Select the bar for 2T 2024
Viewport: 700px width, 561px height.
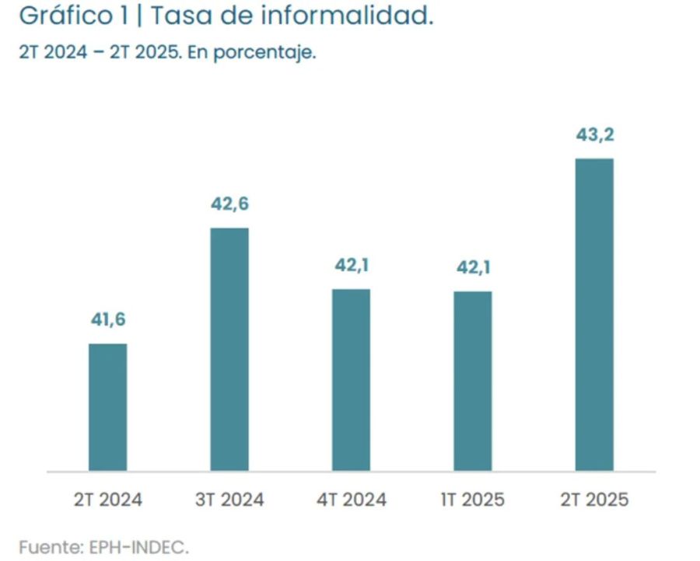(x=107, y=407)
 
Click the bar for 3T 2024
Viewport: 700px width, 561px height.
(x=229, y=350)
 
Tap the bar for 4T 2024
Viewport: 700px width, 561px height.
(x=351, y=380)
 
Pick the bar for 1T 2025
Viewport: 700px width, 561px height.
(x=473, y=382)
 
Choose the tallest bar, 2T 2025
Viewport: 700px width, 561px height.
(x=594, y=315)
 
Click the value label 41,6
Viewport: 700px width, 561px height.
(x=107, y=319)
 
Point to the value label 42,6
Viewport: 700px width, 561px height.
(x=229, y=204)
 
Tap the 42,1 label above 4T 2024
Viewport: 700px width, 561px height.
(x=351, y=266)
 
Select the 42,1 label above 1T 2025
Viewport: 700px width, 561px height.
(x=473, y=268)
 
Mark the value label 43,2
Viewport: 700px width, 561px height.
(x=594, y=135)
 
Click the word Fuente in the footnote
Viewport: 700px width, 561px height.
(x=45, y=547)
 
